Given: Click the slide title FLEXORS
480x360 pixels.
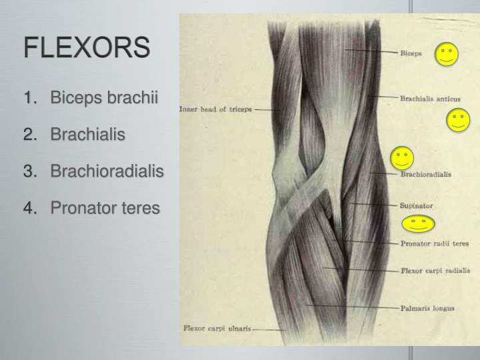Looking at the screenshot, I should pyautogui.click(x=87, y=49).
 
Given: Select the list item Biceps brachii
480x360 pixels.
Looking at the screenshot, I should pyautogui.click(x=105, y=98).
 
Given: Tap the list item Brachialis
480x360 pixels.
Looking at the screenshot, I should pyautogui.click(x=88, y=135).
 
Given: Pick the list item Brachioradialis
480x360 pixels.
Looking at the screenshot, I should pyautogui.click(x=107, y=171).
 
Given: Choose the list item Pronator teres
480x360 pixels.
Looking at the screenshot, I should pyautogui.click(x=105, y=208).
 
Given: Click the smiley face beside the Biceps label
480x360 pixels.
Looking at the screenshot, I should pyautogui.click(x=447, y=55).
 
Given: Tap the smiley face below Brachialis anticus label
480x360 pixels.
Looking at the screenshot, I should pyautogui.click(x=458, y=120).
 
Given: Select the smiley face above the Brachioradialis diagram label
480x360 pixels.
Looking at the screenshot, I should pyautogui.click(x=402, y=157).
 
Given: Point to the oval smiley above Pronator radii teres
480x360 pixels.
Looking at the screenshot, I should pyautogui.click(x=418, y=224).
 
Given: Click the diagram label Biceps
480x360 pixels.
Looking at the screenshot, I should pyautogui.click(x=410, y=53).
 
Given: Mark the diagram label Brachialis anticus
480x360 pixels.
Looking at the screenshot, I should pyautogui.click(x=430, y=99).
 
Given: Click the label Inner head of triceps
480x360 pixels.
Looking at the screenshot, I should pyautogui.click(x=215, y=109).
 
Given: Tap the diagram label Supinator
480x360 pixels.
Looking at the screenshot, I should pyautogui.click(x=417, y=205).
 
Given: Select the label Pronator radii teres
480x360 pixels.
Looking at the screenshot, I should pyautogui.click(x=434, y=243).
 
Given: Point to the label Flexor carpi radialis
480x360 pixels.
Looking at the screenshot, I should pyautogui.click(x=435, y=271).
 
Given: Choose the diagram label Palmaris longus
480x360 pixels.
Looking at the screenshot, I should pyautogui.click(x=427, y=308).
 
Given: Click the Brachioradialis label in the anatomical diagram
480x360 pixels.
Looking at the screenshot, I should pyautogui.click(x=425, y=175).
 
